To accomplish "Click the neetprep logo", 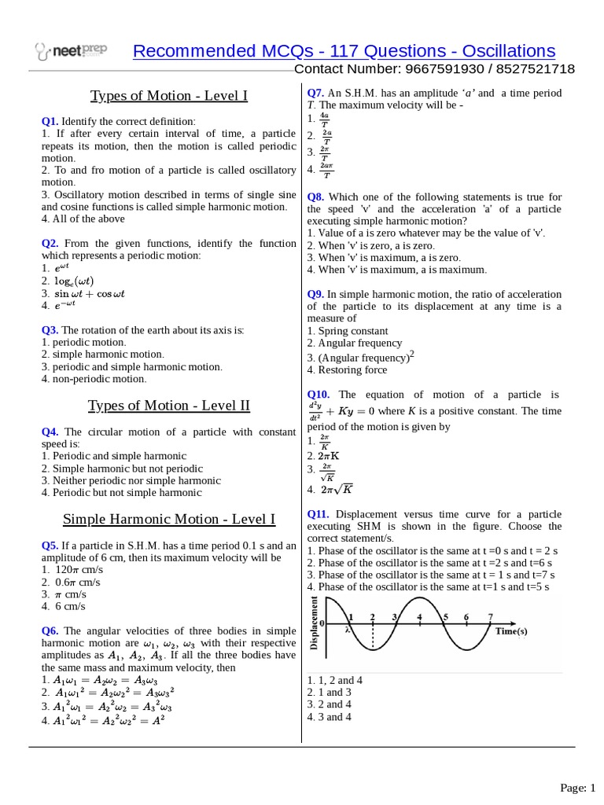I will click(71, 53).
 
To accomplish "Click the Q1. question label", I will click(50, 121).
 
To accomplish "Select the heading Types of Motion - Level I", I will click(169, 96).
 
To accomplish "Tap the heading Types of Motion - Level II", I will click(169, 406).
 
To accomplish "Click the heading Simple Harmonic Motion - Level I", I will click(169, 519).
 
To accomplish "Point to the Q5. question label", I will click(50, 545).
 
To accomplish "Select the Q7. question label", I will click(315, 93).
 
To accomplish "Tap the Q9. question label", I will click(315, 293).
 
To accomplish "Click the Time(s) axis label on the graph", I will click(511, 630).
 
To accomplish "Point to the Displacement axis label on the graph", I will click(315, 623).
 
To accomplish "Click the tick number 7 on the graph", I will click(491, 617).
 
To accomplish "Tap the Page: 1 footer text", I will click(578, 787).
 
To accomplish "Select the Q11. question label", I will click(319, 513).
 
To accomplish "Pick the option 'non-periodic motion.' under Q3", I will click(98, 379).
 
